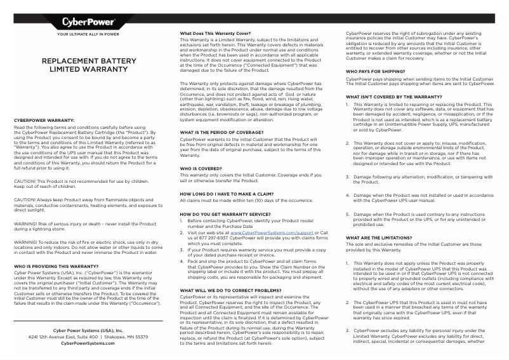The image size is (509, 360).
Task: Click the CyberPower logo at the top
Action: (x=88, y=22)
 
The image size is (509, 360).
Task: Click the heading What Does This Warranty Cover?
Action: (x=216, y=33)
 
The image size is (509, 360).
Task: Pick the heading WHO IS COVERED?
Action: (x=201, y=168)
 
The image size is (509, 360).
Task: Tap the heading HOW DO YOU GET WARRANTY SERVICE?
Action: (x=225, y=215)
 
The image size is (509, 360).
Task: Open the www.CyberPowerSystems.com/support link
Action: (x=275, y=233)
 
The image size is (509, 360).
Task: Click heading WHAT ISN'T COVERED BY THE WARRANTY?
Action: (x=393, y=97)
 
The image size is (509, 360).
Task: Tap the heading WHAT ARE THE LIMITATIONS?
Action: (x=378, y=237)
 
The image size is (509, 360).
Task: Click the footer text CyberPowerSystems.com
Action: (x=88, y=342)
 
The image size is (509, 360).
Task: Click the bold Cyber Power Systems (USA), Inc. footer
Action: (x=88, y=330)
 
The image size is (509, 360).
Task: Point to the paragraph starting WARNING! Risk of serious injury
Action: (x=85, y=227)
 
